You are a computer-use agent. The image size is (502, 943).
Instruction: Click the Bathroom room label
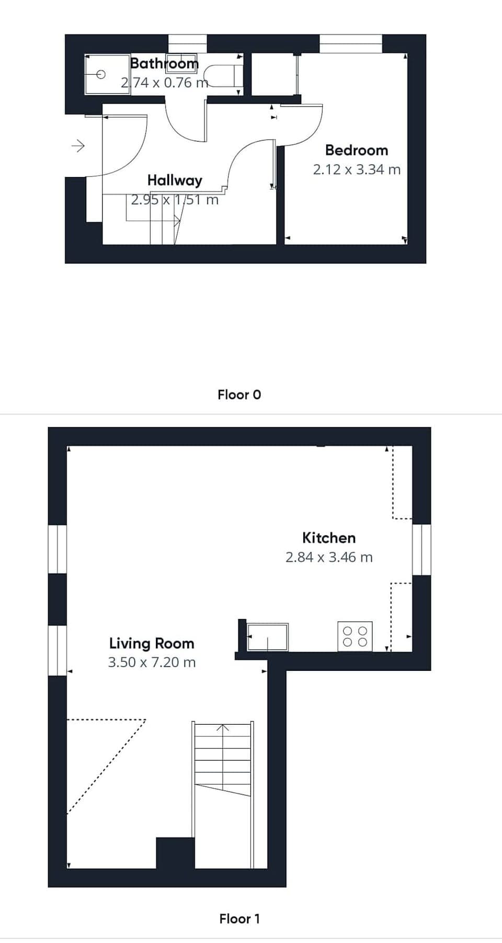(164, 64)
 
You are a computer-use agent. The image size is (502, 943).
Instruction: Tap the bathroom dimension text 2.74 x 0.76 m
(164, 83)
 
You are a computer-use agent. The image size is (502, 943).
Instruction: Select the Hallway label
(175, 181)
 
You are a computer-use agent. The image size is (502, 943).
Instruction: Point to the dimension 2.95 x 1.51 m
(175, 200)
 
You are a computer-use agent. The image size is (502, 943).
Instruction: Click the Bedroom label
(357, 151)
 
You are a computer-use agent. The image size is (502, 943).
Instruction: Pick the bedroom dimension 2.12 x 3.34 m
(357, 170)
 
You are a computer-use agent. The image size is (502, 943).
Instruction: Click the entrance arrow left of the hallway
(78, 145)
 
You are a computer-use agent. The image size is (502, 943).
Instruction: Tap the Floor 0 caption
(239, 395)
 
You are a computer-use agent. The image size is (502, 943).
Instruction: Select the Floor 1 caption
(239, 918)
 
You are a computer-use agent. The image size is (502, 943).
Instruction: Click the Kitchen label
(329, 538)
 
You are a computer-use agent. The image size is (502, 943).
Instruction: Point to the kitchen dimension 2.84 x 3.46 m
(329, 557)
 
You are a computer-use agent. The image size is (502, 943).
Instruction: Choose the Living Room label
(152, 643)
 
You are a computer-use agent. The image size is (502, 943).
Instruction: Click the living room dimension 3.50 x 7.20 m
(152, 663)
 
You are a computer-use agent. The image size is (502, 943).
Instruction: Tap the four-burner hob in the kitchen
(355, 636)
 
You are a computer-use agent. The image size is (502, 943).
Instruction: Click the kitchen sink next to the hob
(267, 637)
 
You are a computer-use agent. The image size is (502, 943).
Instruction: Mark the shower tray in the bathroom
(107, 74)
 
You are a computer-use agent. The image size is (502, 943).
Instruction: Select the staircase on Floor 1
(223, 769)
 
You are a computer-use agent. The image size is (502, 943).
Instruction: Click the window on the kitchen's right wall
(421, 549)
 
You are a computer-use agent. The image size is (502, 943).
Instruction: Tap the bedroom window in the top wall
(350, 43)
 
